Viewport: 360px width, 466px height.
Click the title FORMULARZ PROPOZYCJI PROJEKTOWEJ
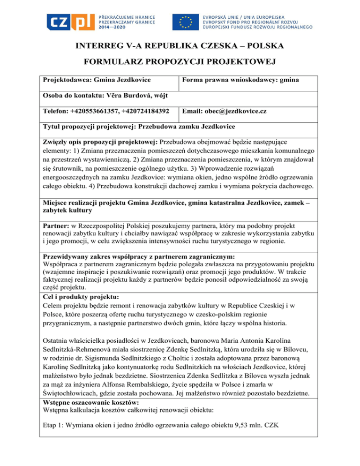pos(180,63)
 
